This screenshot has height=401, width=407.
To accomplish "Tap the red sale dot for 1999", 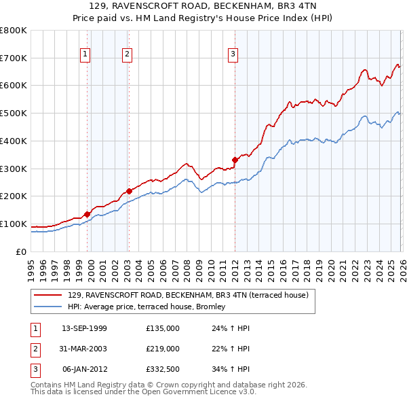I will pyautogui.click(x=87, y=214).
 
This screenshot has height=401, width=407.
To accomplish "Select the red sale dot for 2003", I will pyautogui.click(x=129, y=191).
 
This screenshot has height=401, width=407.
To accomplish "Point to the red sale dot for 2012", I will pyautogui.click(x=235, y=160).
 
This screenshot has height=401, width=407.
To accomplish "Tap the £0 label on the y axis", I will pyautogui.click(x=21, y=251).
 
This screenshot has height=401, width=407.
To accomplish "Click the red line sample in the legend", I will pyautogui.click(x=49, y=295).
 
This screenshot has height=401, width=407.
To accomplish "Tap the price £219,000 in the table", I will pyautogui.click(x=163, y=349).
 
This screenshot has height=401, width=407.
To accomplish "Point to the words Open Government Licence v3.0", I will pyautogui.click(x=191, y=392).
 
